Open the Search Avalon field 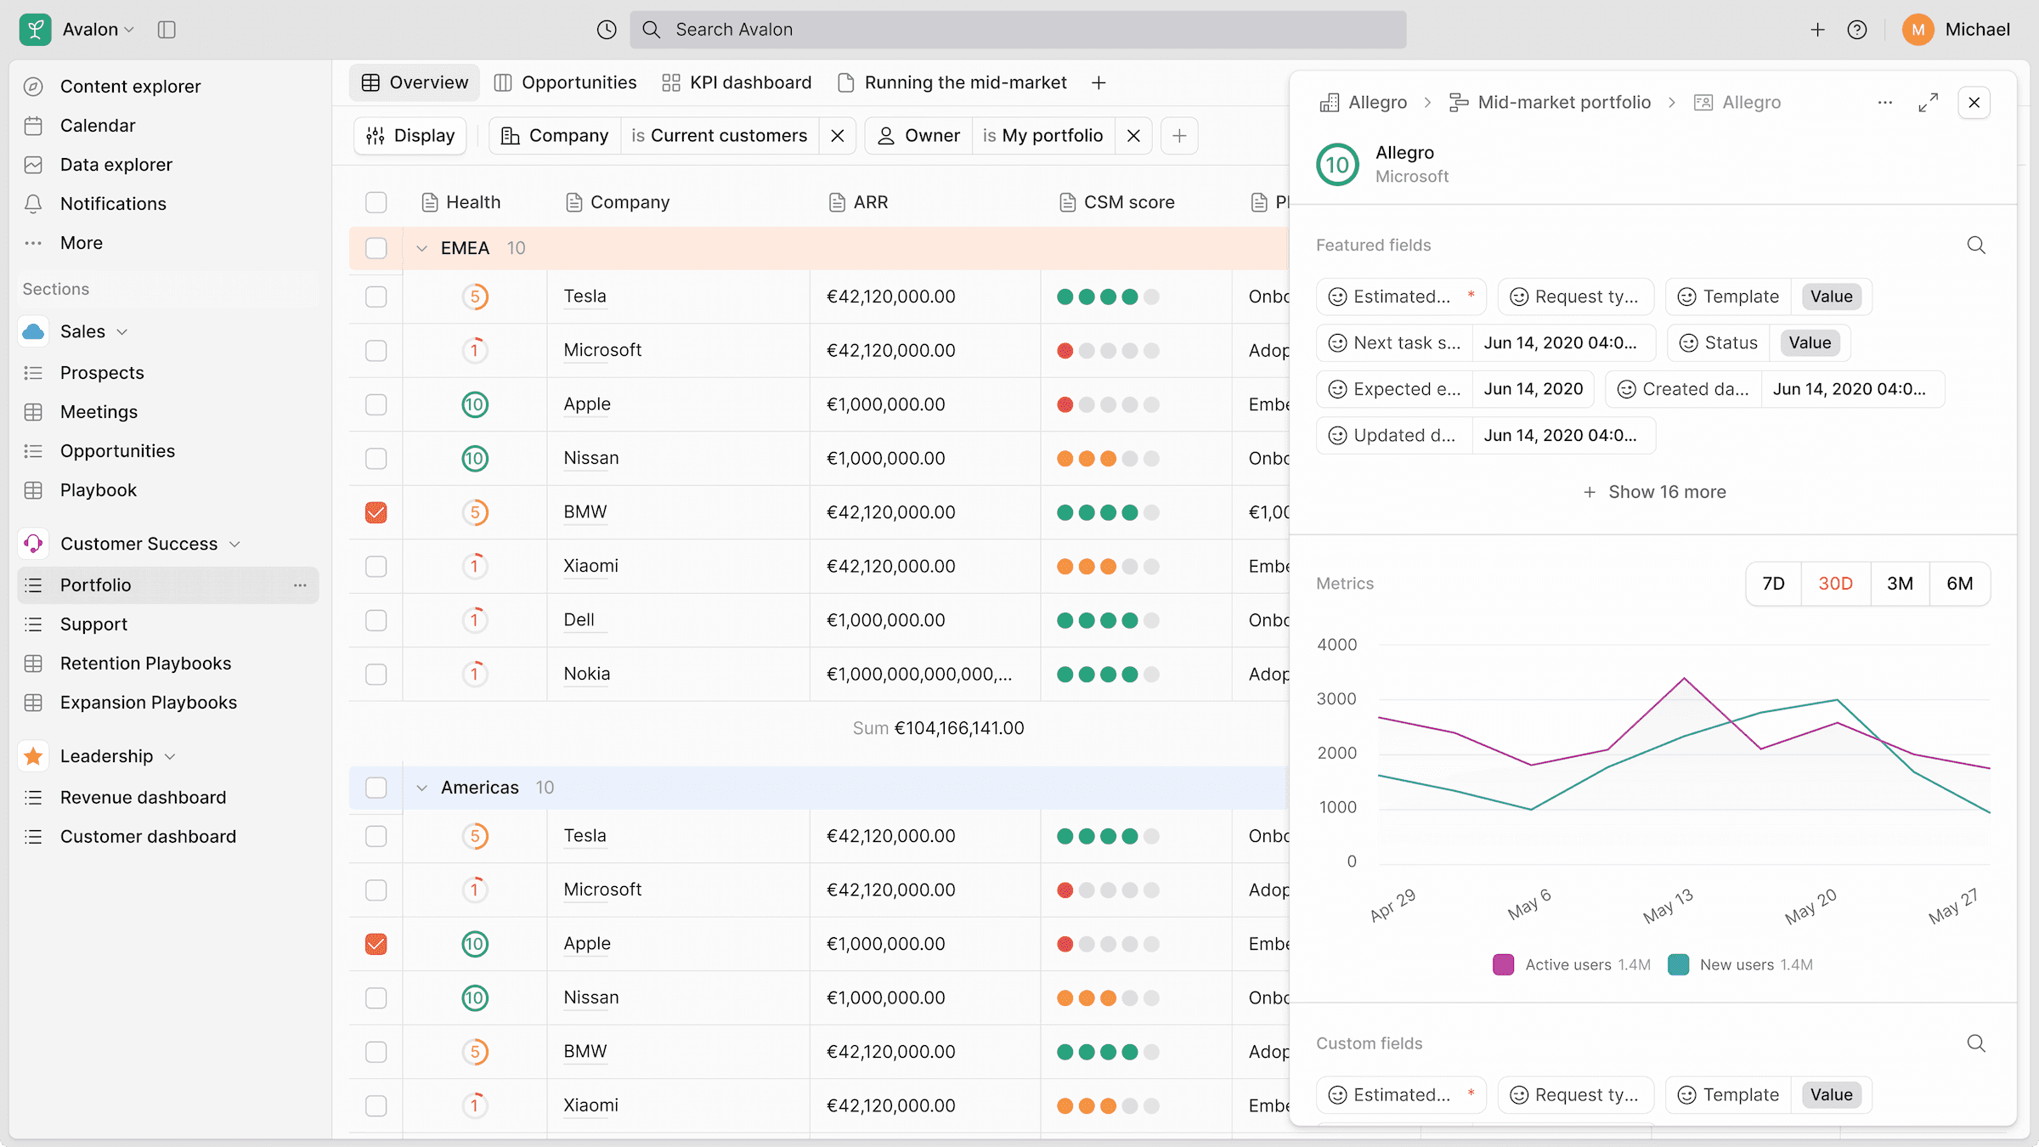coord(1018,30)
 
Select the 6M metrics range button coord(1959,584)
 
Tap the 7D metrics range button coord(1773,584)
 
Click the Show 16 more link coord(1654,492)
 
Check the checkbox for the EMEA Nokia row coord(376,675)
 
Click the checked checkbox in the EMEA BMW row coord(376,512)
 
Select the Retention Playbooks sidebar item coord(145,664)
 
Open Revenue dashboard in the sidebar coord(143,798)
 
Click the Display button coord(410,136)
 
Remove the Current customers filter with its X coord(838,136)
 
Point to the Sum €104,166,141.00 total coord(938,728)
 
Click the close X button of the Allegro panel coord(1974,103)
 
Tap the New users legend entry coord(1740,965)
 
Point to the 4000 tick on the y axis coord(1337,645)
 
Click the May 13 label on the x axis coord(1668,906)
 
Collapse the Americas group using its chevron coord(421,788)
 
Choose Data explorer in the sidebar coord(116,165)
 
